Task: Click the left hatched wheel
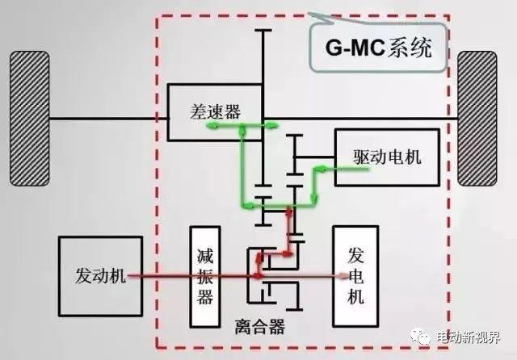30,119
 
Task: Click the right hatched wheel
477,119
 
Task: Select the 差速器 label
215,111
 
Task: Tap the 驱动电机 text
387,157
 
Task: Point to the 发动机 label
100,275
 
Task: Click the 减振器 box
205,277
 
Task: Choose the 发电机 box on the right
355,276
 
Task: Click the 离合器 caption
259,327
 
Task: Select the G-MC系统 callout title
379,48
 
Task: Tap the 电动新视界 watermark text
469,337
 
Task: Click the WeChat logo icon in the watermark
421,337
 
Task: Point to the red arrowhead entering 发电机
344,276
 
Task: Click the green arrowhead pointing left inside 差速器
212,125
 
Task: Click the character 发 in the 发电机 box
355,255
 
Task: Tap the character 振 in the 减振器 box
205,276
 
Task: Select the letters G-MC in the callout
355,48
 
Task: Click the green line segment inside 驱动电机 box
352,169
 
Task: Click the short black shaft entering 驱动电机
314,157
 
